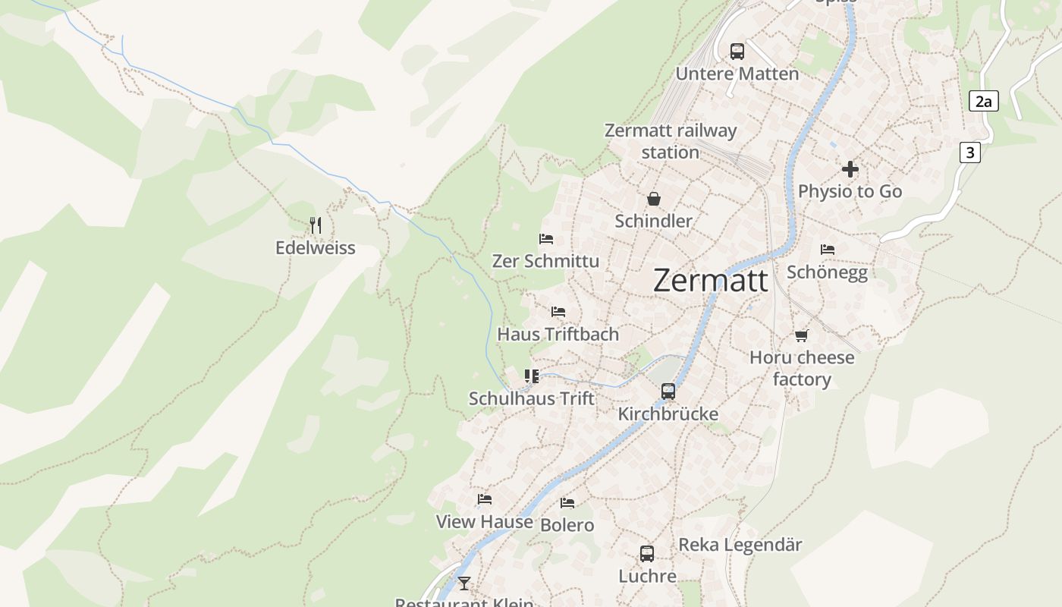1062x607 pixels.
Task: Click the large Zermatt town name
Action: click(x=710, y=280)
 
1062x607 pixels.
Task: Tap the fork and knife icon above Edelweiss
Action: click(x=316, y=225)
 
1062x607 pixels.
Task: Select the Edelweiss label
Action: click(x=315, y=248)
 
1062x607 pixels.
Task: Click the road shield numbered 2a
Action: click(x=983, y=101)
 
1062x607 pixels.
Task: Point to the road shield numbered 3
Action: click(x=969, y=153)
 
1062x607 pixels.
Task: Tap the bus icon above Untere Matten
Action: click(x=737, y=52)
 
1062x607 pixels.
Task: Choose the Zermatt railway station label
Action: click(x=671, y=141)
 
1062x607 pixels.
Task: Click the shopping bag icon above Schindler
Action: click(x=654, y=200)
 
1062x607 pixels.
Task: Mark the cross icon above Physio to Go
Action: click(x=850, y=169)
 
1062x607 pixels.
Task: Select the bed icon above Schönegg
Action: click(x=828, y=249)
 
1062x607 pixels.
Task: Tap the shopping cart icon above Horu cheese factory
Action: click(x=802, y=335)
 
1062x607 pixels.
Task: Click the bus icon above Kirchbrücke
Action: click(x=668, y=392)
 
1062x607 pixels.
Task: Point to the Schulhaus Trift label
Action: click(x=532, y=398)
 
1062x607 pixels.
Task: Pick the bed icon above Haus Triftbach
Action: click(x=558, y=312)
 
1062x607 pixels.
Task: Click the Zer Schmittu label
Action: click(x=545, y=261)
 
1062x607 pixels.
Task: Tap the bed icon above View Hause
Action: click(x=485, y=499)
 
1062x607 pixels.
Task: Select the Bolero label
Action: click(x=567, y=525)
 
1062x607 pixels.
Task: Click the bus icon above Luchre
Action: click(x=647, y=554)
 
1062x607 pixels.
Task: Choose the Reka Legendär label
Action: click(x=740, y=545)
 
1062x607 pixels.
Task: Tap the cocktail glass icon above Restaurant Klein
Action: click(x=464, y=583)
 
